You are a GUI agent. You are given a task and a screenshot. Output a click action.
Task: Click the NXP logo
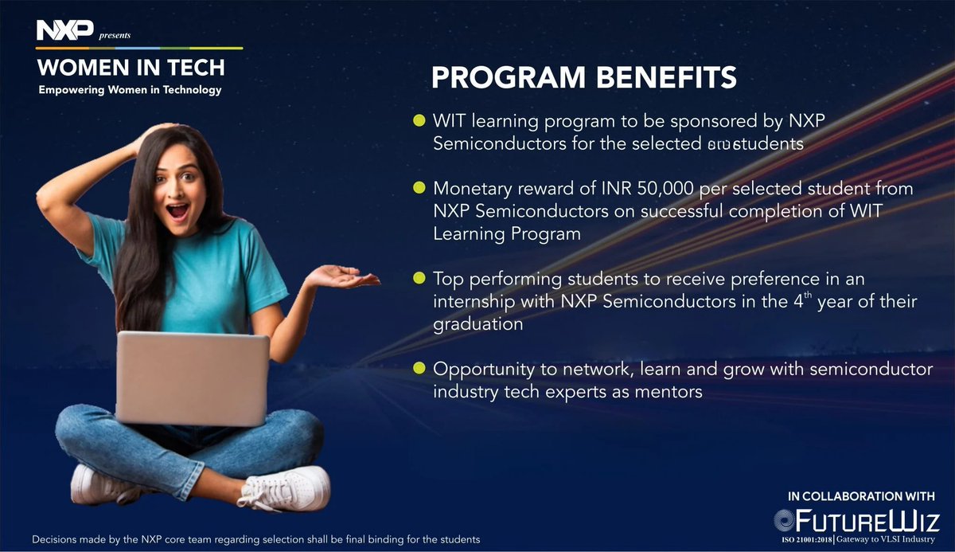[x=64, y=32]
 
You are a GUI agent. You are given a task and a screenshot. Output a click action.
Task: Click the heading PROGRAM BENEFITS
[x=583, y=79]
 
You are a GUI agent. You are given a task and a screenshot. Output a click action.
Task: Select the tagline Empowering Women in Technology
[x=130, y=90]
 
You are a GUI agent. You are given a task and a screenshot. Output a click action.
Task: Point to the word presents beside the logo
[x=114, y=36]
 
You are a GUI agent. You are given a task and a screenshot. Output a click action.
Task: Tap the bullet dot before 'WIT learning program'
[x=419, y=121]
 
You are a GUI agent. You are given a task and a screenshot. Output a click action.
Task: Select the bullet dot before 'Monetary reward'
[x=419, y=190]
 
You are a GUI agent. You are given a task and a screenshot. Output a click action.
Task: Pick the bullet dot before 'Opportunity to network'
[x=419, y=370]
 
